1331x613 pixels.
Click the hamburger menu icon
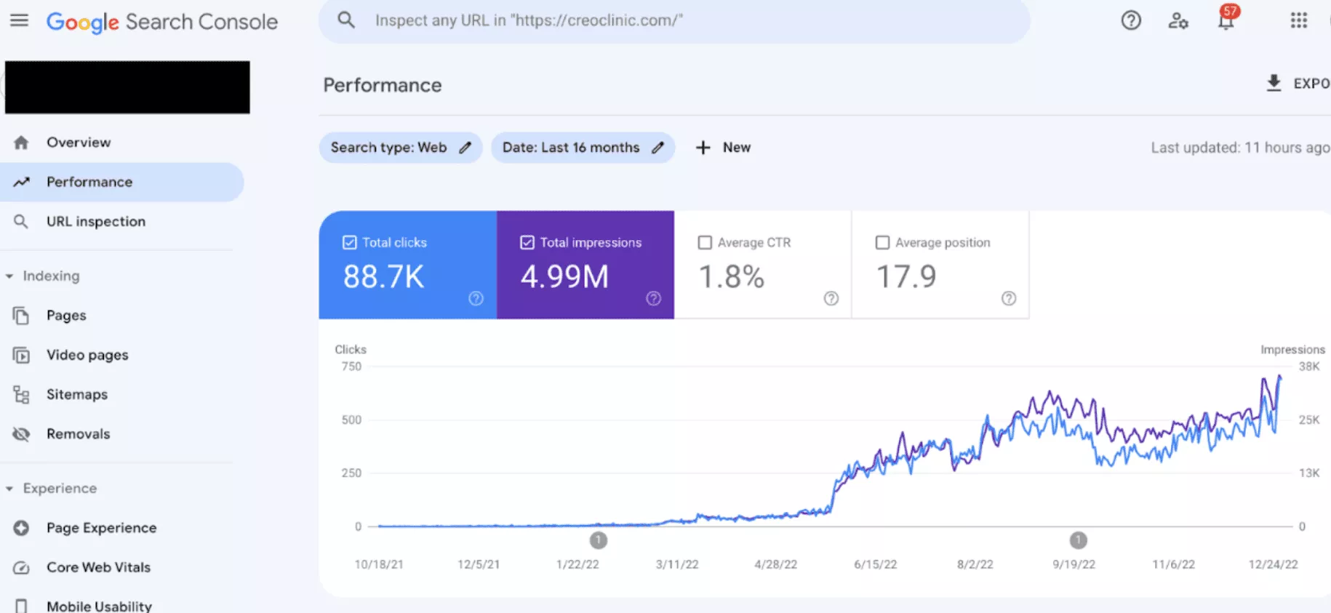coord(20,20)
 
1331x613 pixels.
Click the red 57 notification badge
coord(1230,12)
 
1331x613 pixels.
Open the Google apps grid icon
coord(1298,20)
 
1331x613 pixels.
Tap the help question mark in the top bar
coord(1130,20)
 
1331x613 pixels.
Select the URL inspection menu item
coord(95,222)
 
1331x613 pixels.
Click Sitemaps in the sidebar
coord(76,395)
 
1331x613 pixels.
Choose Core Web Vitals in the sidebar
coord(98,567)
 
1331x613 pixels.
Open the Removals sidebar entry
coord(78,434)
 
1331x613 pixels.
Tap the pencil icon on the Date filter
coord(657,148)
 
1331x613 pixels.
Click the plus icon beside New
coord(703,148)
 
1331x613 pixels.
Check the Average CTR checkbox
coord(705,243)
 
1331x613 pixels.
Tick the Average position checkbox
coord(882,243)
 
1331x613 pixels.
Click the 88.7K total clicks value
coord(383,277)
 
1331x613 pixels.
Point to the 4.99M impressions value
coord(564,277)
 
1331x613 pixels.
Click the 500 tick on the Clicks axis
coord(351,420)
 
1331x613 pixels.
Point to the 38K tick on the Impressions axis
coord(1308,366)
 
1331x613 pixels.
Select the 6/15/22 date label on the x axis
coord(875,564)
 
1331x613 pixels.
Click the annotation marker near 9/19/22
coord(1078,540)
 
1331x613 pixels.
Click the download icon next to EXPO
coord(1274,83)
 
